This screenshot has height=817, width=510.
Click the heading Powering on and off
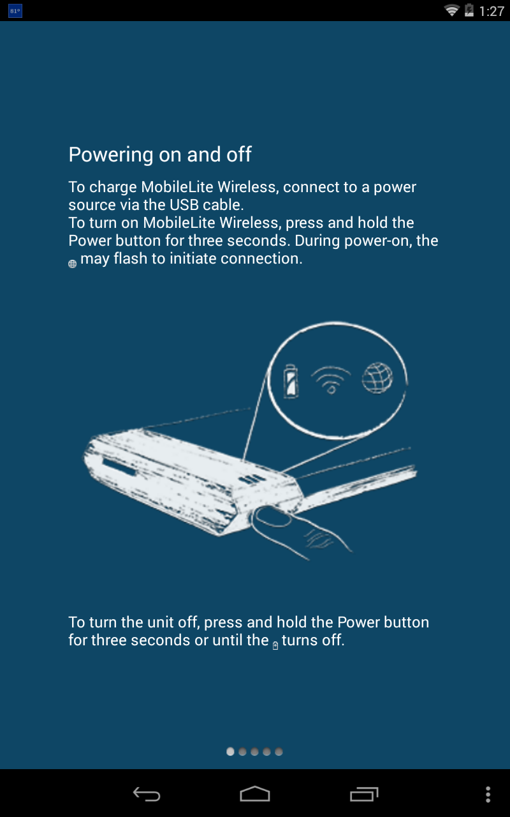click(160, 154)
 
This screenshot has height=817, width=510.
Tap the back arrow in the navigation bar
click(147, 794)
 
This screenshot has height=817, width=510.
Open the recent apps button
click(364, 794)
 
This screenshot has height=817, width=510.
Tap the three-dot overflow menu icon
click(488, 795)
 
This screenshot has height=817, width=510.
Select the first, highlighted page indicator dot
click(230, 752)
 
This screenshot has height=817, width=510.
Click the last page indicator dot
click(279, 752)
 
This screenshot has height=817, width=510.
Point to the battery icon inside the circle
click(291, 381)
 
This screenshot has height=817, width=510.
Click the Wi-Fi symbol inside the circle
click(331, 380)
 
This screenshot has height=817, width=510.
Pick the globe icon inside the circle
click(377, 378)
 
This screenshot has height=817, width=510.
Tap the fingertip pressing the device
click(272, 516)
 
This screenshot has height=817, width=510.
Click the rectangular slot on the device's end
click(119, 467)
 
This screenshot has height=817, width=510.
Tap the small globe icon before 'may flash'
click(73, 264)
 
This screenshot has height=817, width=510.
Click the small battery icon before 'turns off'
click(275, 645)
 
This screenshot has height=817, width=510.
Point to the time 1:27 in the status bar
click(492, 11)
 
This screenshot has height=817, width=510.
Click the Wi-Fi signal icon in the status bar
click(452, 10)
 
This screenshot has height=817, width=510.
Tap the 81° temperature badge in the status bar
click(15, 11)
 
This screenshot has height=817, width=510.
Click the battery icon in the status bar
click(469, 10)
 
